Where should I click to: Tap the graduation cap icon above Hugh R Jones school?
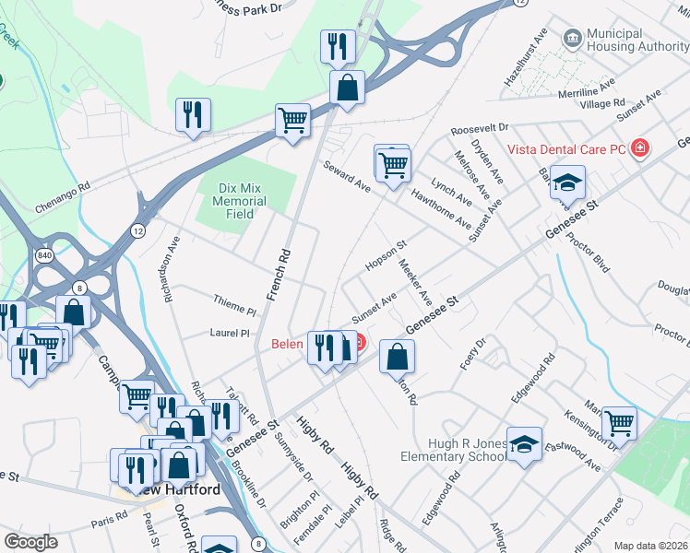(524, 444)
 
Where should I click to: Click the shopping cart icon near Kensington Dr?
(619, 423)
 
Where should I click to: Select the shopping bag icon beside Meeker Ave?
(397, 356)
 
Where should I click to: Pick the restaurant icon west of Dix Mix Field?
(193, 114)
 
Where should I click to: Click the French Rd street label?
(278, 275)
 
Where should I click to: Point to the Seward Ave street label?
(346, 176)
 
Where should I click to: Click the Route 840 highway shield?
(43, 254)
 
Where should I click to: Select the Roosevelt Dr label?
(480, 127)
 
